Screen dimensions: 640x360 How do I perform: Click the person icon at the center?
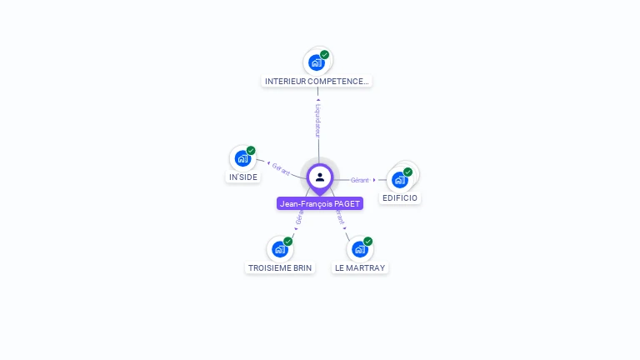320,177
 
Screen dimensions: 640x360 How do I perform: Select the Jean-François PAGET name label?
320,203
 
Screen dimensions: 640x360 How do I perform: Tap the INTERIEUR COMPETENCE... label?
316,81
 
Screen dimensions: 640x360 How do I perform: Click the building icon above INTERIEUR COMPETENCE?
316,62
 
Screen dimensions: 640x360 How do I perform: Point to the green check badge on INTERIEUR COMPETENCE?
324,55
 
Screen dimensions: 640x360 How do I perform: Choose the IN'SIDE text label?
243,177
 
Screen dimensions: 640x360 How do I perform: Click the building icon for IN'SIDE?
242,158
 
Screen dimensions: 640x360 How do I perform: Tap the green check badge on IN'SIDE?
251,151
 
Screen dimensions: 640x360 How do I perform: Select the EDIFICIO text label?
400,198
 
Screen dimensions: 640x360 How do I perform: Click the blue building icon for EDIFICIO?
400,179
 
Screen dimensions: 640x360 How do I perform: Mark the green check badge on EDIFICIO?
407,172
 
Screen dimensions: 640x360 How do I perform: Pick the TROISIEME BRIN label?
280,267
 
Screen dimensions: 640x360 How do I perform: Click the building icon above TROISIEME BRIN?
280,248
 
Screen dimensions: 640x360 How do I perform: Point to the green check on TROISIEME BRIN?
287,241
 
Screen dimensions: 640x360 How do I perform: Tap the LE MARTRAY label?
360,267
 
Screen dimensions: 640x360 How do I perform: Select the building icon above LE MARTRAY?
359,248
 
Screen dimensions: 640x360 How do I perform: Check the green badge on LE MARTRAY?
367,241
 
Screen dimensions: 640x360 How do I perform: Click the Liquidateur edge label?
318,120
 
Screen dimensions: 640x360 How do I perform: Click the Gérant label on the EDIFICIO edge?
360,180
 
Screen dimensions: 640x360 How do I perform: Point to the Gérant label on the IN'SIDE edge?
281,168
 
